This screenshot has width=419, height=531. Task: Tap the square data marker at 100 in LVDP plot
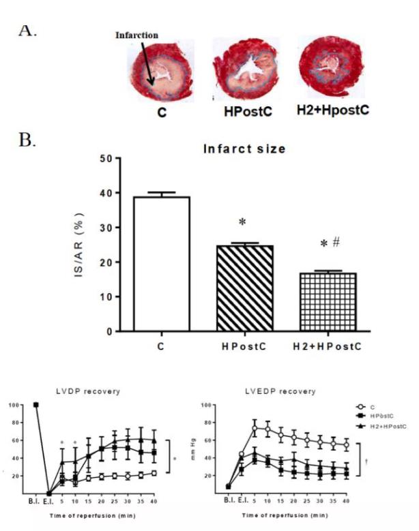click(x=35, y=405)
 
